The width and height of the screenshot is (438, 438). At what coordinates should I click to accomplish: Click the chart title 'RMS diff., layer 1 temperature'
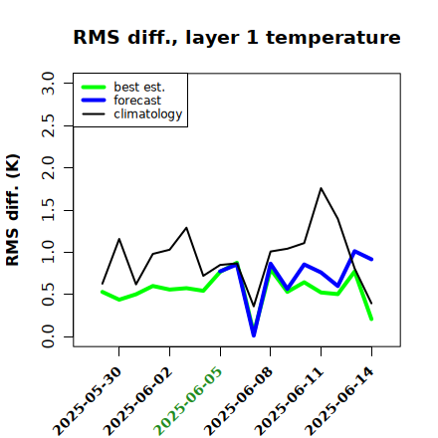pyautogui.click(x=237, y=37)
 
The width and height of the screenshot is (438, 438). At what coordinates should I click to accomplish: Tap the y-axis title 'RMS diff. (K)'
pyautogui.click(x=13, y=210)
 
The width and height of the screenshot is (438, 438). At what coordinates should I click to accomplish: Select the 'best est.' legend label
pyautogui.click(x=139, y=87)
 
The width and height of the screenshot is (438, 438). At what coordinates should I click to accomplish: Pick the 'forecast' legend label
pyautogui.click(x=137, y=101)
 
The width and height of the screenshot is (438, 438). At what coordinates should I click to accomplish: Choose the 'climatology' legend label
pyautogui.click(x=148, y=114)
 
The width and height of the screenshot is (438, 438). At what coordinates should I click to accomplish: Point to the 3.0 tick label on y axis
pyautogui.click(x=48, y=83)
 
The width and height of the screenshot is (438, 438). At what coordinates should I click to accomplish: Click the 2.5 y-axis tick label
pyautogui.click(x=48, y=125)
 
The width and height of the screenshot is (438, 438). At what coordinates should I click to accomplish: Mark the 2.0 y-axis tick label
pyautogui.click(x=48, y=167)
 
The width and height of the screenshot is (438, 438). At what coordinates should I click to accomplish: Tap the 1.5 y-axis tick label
pyautogui.click(x=48, y=210)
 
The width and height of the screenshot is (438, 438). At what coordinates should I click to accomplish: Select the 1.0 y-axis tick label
pyautogui.click(x=48, y=252)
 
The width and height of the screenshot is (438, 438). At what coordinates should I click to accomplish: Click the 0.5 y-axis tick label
pyautogui.click(x=48, y=295)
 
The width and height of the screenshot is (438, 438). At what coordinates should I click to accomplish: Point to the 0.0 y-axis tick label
pyautogui.click(x=48, y=336)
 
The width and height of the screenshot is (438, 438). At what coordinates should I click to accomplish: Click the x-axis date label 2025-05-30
pyautogui.click(x=88, y=401)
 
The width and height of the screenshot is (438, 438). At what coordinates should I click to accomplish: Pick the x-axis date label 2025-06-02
pyautogui.click(x=138, y=401)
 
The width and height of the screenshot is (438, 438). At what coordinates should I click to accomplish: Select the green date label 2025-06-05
pyautogui.click(x=188, y=401)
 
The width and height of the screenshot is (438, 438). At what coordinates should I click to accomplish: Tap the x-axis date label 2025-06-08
pyautogui.click(x=239, y=401)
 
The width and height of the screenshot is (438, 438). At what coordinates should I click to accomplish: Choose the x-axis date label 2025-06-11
pyautogui.click(x=289, y=401)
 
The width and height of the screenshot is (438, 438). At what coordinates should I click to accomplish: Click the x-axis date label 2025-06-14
pyautogui.click(x=339, y=401)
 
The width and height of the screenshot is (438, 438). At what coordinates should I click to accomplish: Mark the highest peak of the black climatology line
pyautogui.click(x=321, y=188)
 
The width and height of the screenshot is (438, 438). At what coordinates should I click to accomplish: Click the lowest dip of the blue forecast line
pyautogui.click(x=254, y=335)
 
